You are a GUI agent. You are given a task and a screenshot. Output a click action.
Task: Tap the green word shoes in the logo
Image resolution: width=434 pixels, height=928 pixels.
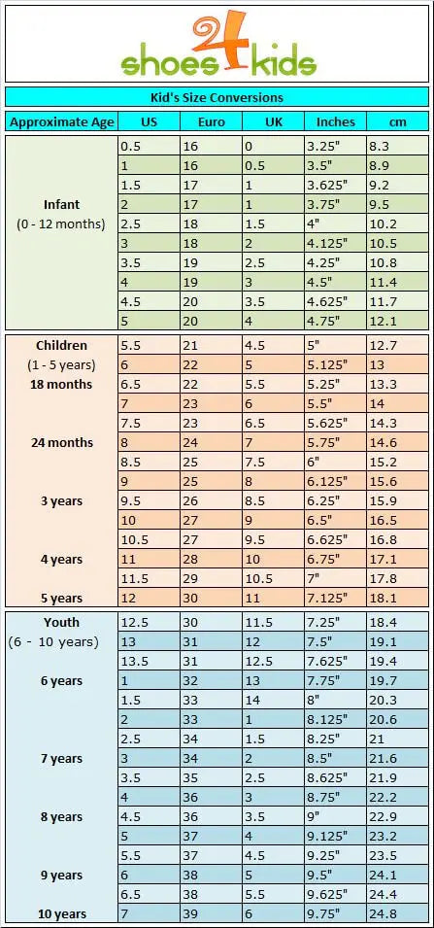[169, 63]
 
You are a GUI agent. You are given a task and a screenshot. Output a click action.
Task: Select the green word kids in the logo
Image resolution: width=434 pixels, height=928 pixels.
[283, 63]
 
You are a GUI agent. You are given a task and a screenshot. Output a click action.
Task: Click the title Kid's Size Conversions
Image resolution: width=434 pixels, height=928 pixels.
[217, 97]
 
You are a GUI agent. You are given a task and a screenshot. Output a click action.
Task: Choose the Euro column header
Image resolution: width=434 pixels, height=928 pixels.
[211, 121]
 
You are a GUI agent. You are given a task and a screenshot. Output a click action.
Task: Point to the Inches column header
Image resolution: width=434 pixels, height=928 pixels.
[335, 121]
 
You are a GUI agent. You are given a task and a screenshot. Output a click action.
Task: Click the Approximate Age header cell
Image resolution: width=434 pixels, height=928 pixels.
[61, 122]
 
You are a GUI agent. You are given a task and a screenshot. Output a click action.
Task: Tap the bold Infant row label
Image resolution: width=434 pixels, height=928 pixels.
[61, 204]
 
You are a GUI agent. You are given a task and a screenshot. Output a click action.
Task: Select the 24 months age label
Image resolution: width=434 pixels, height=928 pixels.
[62, 443]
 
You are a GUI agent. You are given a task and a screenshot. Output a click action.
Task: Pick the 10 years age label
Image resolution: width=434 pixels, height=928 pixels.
[62, 913]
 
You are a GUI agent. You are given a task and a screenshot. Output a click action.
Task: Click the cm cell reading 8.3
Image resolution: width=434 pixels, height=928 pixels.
[379, 146]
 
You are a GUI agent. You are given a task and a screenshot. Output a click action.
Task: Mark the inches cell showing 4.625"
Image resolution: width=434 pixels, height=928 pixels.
[326, 301]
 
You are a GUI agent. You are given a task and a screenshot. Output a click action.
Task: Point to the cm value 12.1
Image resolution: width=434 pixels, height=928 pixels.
[383, 321]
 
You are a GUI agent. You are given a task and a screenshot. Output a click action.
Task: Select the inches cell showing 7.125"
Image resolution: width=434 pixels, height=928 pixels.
[326, 598]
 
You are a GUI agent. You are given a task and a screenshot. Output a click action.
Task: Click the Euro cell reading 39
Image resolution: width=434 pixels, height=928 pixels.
[189, 913]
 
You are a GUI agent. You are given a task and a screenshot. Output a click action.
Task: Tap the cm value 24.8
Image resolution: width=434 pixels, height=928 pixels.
[383, 913]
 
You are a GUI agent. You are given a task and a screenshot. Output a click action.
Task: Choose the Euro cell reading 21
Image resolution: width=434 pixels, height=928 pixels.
[189, 346]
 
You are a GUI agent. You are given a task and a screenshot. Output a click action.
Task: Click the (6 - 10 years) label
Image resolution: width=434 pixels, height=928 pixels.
[53, 642]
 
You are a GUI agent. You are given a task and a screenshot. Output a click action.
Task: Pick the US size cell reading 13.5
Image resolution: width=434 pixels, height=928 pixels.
[131, 661]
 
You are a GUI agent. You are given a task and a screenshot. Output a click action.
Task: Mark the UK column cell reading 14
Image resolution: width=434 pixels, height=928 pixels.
[251, 700]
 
